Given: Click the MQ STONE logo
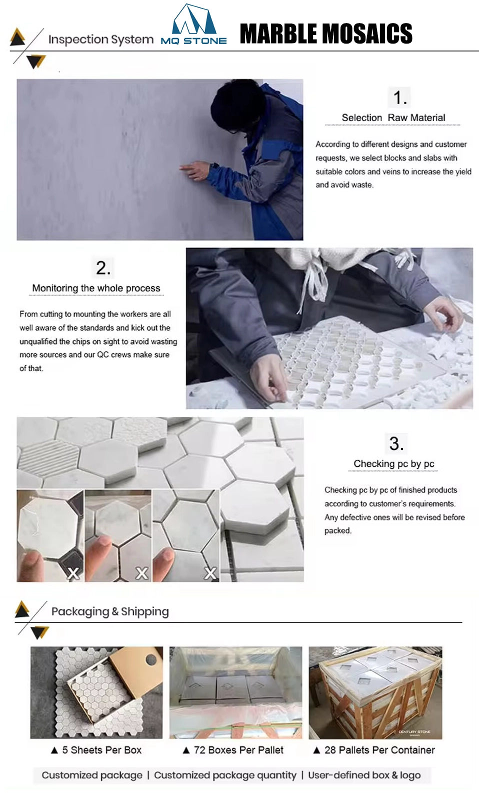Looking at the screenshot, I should pyautogui.click(x=193, y=25).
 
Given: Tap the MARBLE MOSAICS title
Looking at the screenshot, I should pyautogui.click(x=325, y=34).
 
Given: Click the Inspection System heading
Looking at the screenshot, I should pyautogui.click(x=100, y=39).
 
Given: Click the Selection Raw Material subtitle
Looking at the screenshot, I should pyautogui.click(x=393, y=118).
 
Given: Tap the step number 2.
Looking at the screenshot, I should pyautogui.click(x=103, y=268).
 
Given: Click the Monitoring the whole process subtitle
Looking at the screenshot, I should pyautogui.click(x=96, y=288).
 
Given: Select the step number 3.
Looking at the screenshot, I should pyautogui.click(x=396, y=444).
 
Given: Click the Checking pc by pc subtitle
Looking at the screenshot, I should pyautogui.click(x=393, y=464).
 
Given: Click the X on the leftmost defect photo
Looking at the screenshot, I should pyautogui.click(x=73, y=573).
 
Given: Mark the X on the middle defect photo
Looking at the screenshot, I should pyautogui.click(x=142, y=573).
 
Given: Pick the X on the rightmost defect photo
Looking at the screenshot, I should pyautogui.click(x=210, y=573).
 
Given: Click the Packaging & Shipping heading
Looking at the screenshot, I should pyautogui.click(x=110, y=611).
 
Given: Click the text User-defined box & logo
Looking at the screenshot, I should pyautogui.click(x=364, y=775).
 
